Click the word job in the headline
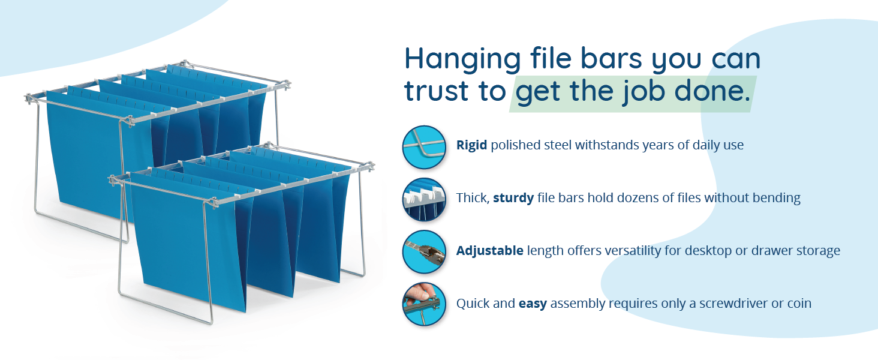point(642,92)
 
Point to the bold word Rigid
point(471,145)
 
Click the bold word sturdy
point(513,198)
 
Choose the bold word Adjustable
point(489,251)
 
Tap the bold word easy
point(533,304)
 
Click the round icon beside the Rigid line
point(424,147)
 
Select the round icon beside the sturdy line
point(424,200)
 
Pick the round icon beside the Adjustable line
point(424,251)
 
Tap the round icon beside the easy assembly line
point(424,304)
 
